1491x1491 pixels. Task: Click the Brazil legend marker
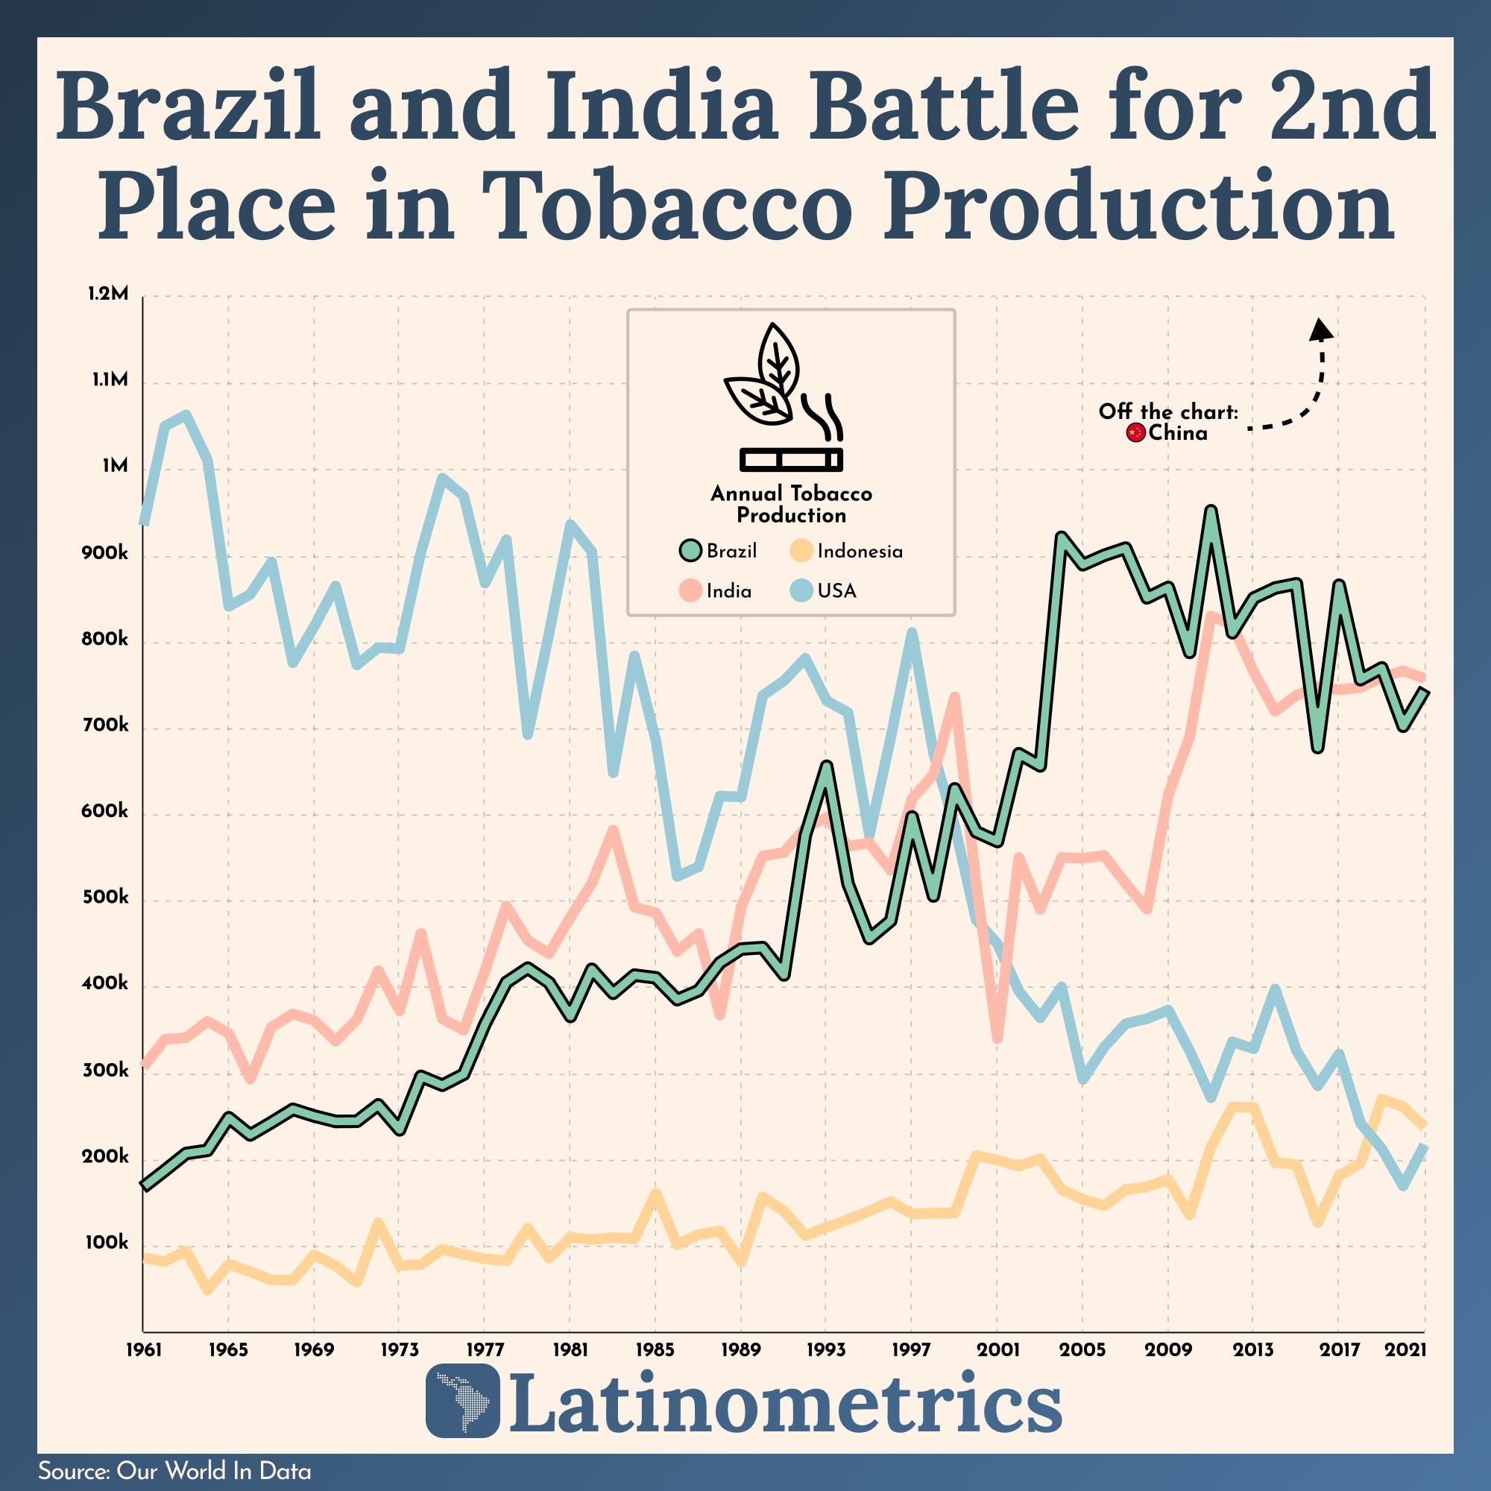(x=691, y=551)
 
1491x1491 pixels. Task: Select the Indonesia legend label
(x=860, y=551)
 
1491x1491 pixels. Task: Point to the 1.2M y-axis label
(x=107, y=294)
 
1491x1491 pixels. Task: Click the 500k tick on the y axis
(x=105, y=898)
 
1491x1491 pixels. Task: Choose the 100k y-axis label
(x=105, y=1243)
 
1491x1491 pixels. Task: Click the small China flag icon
(x=1135, y=433)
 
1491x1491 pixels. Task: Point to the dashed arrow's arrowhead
(x=1321, y=329)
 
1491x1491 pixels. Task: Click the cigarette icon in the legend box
(x=791, y=459)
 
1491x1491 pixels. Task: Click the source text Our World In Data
(x=214, y=1471)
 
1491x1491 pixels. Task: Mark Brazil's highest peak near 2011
(x=1211, y=510)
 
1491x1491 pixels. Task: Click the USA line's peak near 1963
(x=186, y=415)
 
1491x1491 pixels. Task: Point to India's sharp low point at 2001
(x=997, y=1038)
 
